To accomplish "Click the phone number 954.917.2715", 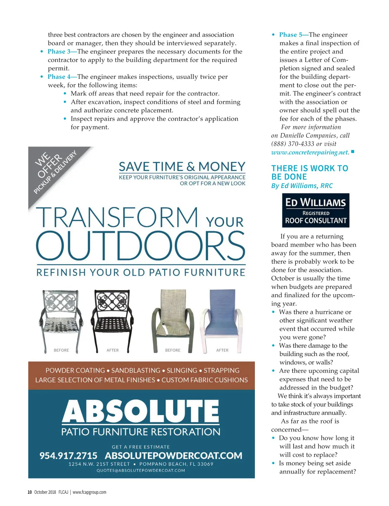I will point(68,455).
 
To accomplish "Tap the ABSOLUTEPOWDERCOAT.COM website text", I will point(174,455).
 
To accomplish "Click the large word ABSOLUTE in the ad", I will point(141,411).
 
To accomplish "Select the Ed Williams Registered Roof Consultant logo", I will point(316,210).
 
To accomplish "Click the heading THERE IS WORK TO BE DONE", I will point(309,172).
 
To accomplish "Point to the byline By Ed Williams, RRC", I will point(302,186).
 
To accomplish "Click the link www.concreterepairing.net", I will point(310,153).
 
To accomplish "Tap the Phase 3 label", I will point(59,52).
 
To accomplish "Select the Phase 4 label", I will point(59,77).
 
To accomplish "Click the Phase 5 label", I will point(291,35).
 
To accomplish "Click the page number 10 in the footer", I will point(30,492).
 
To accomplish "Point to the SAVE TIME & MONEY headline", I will point(182,167).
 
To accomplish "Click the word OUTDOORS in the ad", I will point(141,245).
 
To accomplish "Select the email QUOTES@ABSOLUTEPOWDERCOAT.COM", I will point(141,471).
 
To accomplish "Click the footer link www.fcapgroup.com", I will point(89,492).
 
